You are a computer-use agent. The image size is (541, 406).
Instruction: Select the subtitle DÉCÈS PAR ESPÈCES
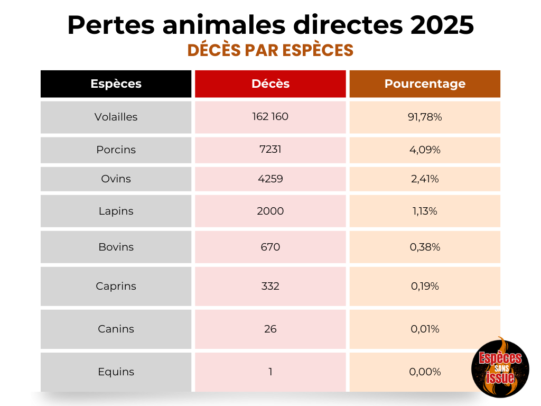[x=270, y=50]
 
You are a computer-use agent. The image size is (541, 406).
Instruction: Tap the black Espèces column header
[x=116, y=84]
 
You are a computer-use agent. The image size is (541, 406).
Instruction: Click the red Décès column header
[x=270, y=84]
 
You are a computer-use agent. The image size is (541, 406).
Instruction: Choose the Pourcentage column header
[x=425, y=84]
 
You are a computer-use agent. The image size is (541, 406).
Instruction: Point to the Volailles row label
[x=116, y=117]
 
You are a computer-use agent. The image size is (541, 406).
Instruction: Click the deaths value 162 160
[x=270, y=116]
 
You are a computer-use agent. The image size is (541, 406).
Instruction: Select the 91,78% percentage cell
[x=425, y=117]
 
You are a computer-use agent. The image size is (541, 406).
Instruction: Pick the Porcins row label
[x=116, y=150]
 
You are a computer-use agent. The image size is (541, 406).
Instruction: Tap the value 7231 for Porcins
[x=270, y=150]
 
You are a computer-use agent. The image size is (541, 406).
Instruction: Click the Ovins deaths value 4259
[x=270, y=179]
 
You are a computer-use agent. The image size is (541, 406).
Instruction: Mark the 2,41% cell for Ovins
[x=425, y=179]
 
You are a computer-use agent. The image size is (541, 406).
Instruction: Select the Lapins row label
[x=116, y=211]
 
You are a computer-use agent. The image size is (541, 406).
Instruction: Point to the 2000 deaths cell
[x=270, y=211]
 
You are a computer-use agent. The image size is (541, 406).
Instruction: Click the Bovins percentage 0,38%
[x=425, y=247]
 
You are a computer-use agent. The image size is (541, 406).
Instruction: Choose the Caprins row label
[x=116, y=286]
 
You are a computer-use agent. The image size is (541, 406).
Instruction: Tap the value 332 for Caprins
[x=270, y=286]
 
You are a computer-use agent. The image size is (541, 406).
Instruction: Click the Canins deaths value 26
[x=270, y=329]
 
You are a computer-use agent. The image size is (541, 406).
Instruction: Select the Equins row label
[x=116, y=372]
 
